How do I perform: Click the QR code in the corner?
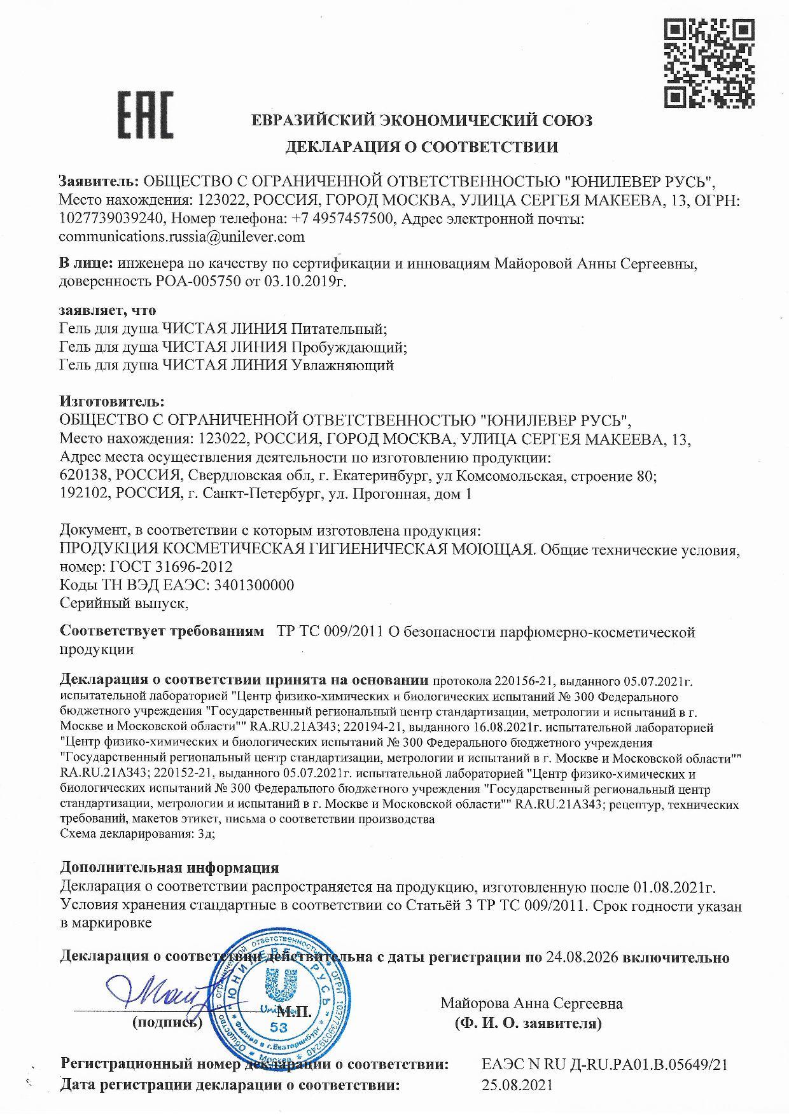click(709, 62)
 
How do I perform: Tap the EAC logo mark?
click(146, 115)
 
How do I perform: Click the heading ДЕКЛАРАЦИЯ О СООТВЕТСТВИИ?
click(421, 148)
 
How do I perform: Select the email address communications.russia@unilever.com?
click(181, 237)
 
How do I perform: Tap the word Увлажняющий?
click(342, 365)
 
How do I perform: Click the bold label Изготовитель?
click(112, 401)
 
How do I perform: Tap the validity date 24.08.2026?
click(582, 957)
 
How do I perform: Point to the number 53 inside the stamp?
click(279, 1027)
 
